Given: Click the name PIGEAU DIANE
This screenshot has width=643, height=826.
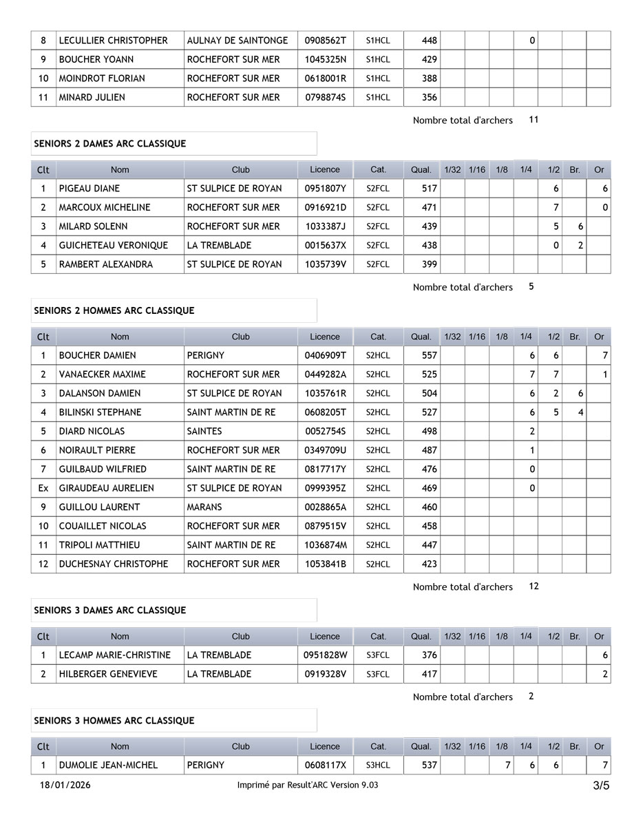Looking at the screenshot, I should [89, 189].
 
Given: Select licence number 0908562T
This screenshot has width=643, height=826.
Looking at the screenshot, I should [325, 41].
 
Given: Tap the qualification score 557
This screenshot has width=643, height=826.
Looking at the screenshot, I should [429, 356].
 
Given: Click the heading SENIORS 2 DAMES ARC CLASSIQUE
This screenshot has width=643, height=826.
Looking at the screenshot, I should [109, 144].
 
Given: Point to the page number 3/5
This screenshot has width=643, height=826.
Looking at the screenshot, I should [601, 785].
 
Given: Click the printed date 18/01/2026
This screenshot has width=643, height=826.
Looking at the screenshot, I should [65, 785].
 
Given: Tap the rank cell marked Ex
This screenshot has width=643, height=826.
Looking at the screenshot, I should [43, 488].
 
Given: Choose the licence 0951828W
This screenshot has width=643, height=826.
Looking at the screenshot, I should [325, 655].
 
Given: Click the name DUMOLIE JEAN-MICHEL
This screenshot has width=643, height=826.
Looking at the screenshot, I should [108, 765].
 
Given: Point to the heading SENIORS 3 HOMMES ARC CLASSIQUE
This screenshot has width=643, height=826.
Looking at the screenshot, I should [114, 721].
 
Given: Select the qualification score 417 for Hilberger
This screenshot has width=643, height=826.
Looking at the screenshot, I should [429, 675].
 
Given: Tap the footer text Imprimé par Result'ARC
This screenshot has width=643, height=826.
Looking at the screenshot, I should [307, 785].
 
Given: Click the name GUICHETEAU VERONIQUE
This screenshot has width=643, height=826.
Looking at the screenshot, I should [113, 246].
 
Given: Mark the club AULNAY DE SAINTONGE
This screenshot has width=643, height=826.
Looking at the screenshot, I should [238, 41].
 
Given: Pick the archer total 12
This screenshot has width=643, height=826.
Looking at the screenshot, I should [534, 586].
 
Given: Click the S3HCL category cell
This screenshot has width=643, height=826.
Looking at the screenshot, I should [378, 765].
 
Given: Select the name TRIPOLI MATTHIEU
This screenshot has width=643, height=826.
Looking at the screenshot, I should [99, 545].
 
